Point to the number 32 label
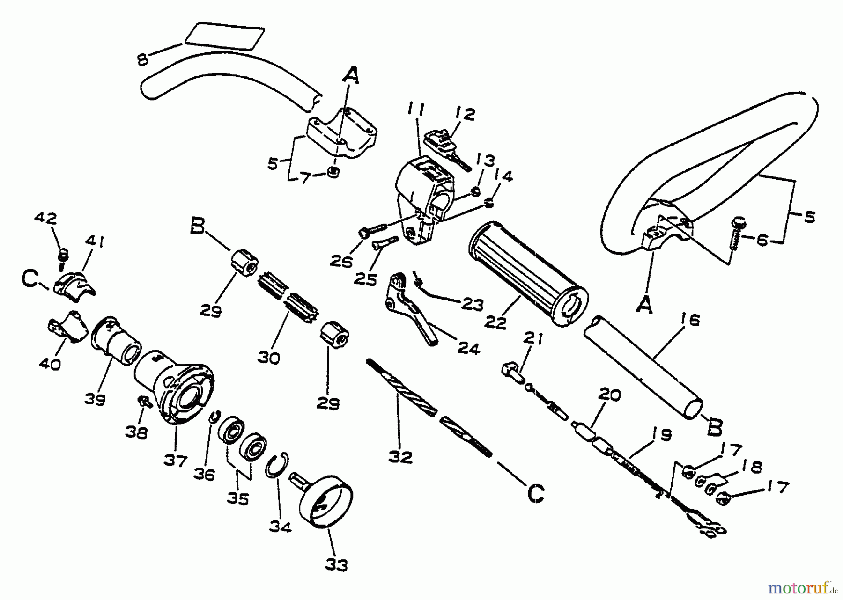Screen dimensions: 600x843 pyautogui.click(x=401, y=457)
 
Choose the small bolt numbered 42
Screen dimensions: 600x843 pyautogui.click(x=62, y=257)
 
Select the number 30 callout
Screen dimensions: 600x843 pyautogui.click(x=269, y=358)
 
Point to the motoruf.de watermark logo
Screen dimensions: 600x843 pyautogui.click(x=805, y=586)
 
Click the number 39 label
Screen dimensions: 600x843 pyautogui.click(x=95, y=400)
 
